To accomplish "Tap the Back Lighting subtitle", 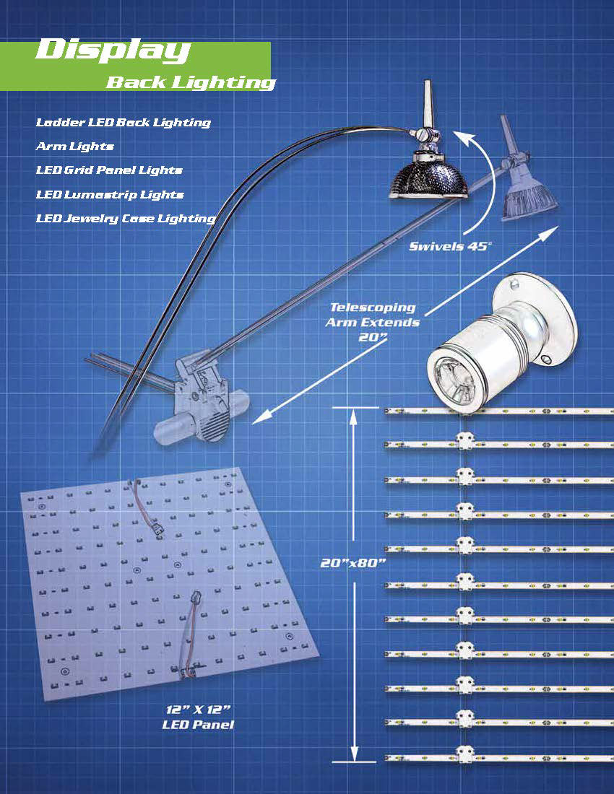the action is (191, 82).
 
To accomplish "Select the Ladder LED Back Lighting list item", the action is (123, 123).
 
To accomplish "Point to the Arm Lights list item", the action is (74, 147).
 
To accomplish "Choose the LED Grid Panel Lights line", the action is (109, 170).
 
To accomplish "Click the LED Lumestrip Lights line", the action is (109, 194).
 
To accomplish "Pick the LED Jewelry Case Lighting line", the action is (126, 219).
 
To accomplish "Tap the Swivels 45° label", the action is (450, 247).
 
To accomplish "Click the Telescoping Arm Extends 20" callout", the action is (373, 322).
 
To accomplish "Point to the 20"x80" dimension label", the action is (353, 562).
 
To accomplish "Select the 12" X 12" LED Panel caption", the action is (198, 717).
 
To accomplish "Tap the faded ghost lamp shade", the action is (529, 201).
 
